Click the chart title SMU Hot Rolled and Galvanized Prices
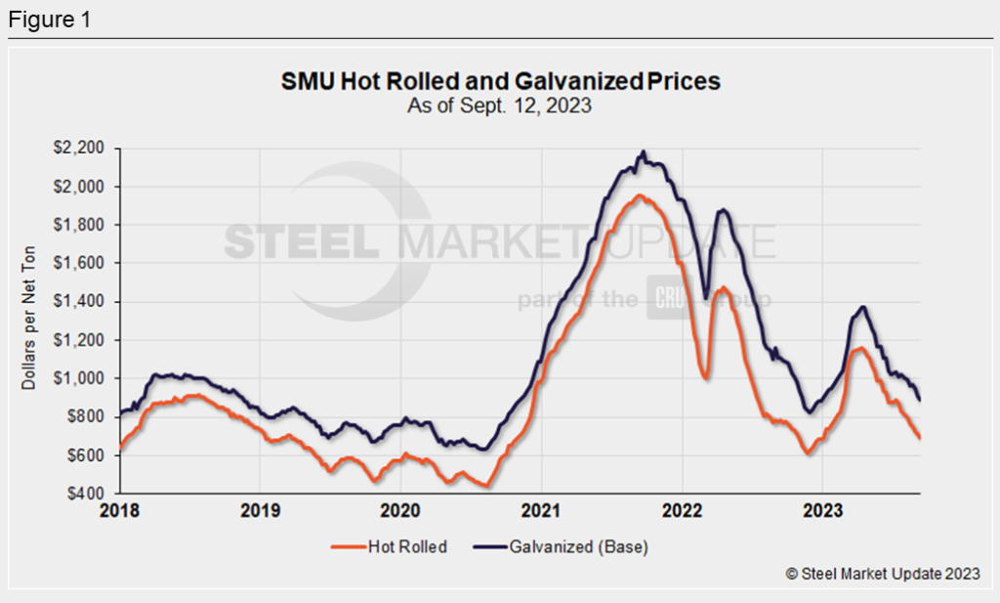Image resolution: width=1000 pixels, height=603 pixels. click(500, 81)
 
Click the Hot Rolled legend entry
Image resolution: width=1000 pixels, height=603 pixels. click(390, 547)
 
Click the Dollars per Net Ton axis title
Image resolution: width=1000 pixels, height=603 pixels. click(28, 321)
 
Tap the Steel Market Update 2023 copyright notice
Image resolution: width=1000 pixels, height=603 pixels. click(883, 575)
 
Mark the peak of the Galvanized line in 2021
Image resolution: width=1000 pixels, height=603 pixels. click(643, 152)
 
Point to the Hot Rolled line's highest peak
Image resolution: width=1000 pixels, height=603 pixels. click(639, 195)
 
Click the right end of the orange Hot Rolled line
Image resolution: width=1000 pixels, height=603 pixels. click(919, 438)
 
